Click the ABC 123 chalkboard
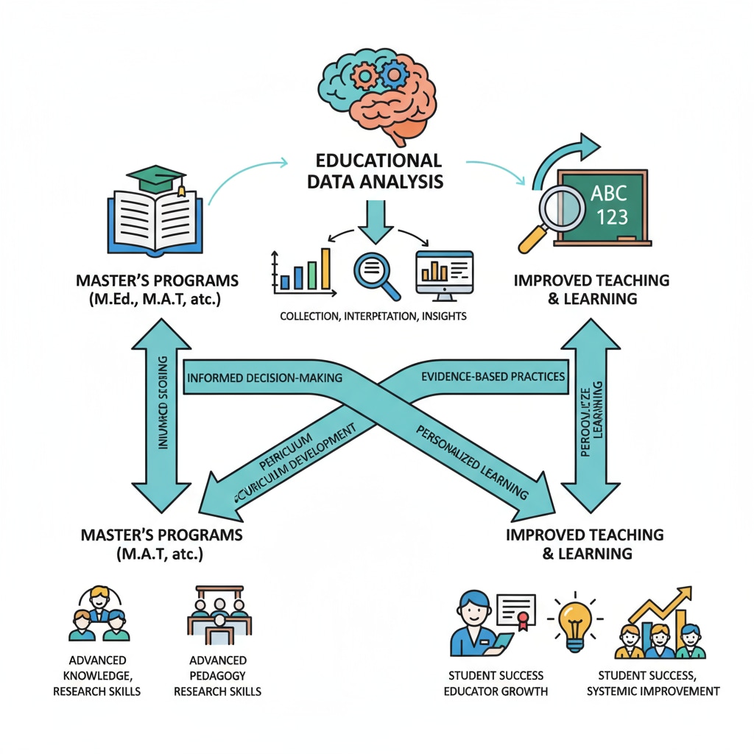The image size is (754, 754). [x=603, y=206]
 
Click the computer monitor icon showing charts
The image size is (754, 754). [x=444, y=274]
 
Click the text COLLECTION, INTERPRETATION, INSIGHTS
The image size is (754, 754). [x=373, y=316]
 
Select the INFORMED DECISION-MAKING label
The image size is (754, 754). [x=265, y=378]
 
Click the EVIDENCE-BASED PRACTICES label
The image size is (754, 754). [x=493, y=376]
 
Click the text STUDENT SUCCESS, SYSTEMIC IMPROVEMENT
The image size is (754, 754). [x=658, y=683]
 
